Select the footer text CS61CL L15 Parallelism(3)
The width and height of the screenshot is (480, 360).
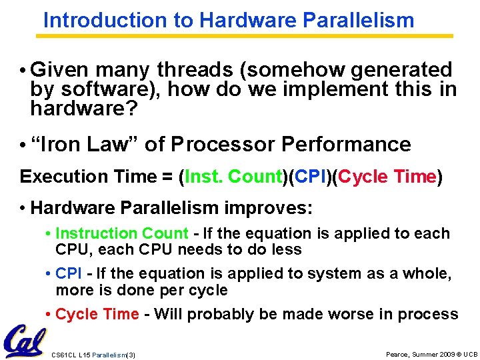93,355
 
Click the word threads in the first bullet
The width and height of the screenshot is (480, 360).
194,70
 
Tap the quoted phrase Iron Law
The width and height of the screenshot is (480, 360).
81,144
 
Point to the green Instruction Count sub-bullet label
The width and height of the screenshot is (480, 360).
122,233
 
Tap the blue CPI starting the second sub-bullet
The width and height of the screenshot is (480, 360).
69,273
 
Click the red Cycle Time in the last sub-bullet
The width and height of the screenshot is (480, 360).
97,314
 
